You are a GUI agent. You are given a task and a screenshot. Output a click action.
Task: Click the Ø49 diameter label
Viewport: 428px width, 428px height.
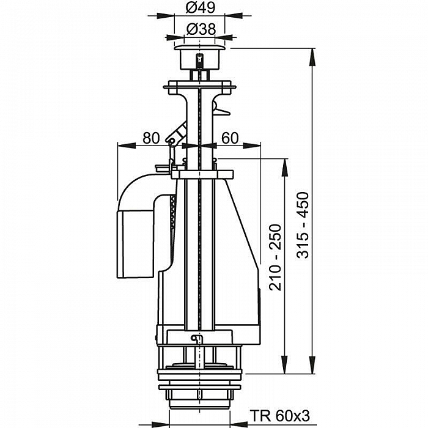(x=201, y=7)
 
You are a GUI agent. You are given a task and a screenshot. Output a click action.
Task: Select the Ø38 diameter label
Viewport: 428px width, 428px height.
(x=201, y=29)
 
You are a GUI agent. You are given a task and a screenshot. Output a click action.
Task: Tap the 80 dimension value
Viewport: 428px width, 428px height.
(x=151, y=138)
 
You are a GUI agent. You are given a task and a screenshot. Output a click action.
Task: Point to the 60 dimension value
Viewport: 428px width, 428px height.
(x=230, y=138)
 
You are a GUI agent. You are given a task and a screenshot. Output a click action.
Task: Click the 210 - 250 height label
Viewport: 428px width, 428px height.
(x=275, y=257)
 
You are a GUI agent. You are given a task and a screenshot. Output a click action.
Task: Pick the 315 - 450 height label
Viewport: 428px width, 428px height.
(x=303, y=225)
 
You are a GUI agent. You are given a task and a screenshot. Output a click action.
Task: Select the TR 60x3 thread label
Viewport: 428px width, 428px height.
(x=280, y=416)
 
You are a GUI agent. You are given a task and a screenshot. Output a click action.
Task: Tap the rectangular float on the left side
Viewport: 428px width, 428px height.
(x=136, y=244)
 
